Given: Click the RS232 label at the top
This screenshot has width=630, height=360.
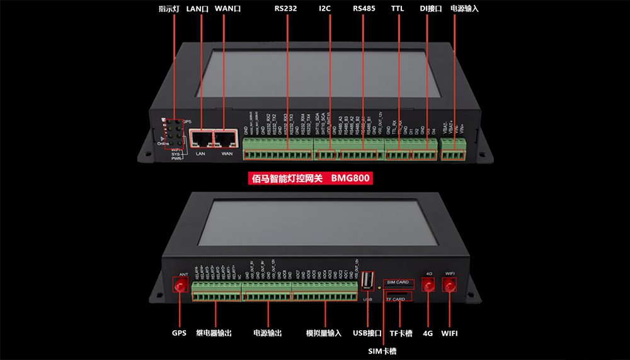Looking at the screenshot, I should tap(286, 9).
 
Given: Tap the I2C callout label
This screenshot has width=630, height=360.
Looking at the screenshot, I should tap(325, 9).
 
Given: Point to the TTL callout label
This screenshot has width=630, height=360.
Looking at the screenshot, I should tap(398, 9).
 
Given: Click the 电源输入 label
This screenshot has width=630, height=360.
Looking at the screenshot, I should tap(464, 9).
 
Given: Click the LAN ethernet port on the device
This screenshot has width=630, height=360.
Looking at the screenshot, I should tap(202, 139).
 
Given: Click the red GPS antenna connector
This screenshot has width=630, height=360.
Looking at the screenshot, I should tap(180, 287).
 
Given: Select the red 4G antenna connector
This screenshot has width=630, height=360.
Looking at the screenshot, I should tap(429, 287).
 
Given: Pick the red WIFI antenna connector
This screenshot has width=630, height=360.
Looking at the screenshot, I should tap(450, 287).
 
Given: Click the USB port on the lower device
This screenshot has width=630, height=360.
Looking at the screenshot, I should tap(368, 280).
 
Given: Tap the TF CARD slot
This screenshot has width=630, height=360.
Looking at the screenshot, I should tap(398, 297).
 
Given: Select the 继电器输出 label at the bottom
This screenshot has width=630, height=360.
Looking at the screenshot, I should tap(214, 333).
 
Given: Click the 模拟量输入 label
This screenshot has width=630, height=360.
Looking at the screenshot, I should tap(323, 333).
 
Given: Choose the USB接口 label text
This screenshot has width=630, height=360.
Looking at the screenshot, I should tap(368, 333).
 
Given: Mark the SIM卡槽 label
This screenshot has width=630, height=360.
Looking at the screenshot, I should tap(382, 350).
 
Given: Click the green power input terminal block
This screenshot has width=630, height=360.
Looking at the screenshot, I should tap(454, 151).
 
